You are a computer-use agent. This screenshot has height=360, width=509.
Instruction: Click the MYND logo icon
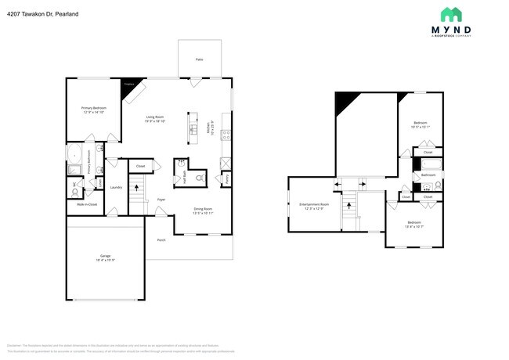(449, 14)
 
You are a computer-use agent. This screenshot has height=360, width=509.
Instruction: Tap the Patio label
(199, 59)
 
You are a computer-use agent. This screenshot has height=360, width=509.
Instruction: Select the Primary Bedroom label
(93, 110)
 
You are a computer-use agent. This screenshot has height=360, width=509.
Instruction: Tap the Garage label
(105, 257)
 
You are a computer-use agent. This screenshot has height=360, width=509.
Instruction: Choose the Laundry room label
(115, 187)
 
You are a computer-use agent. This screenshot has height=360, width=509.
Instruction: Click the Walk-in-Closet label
(86, 204)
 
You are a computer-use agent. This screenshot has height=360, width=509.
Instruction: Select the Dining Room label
(203, 210)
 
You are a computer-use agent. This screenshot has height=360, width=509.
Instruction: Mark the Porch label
(161, 239)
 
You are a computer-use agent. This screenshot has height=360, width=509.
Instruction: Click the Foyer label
(161, 200)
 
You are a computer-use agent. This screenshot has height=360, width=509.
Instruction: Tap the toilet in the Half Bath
(199, 178)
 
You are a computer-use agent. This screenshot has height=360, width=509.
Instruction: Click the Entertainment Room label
(314, 206)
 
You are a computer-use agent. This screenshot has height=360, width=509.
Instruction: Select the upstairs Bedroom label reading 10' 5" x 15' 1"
(421, 124)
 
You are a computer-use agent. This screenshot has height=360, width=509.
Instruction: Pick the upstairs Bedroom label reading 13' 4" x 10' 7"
(415, 225)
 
